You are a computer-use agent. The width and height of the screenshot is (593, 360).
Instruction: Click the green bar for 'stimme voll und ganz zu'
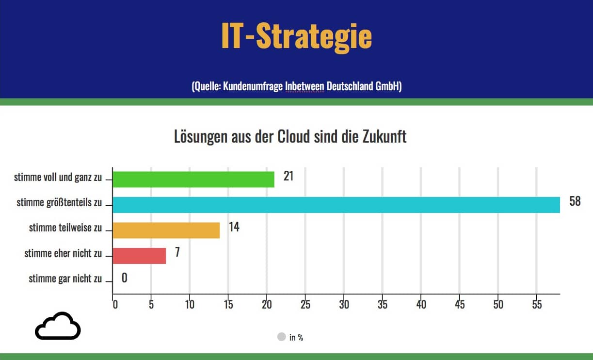(x=193, y=180)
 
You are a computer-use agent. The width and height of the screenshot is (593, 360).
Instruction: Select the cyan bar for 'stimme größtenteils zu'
(x=336, y=205)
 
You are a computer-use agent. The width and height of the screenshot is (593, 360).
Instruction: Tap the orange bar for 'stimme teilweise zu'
(x=166, y=230)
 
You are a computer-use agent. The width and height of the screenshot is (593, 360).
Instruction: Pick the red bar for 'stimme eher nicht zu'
(x=139, y=255)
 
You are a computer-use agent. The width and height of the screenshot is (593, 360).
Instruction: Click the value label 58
(x=575, y=201)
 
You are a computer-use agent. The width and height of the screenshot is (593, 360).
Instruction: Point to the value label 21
(x=288, y=176)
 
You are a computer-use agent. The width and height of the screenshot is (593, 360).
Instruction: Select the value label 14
(x=234, y=227)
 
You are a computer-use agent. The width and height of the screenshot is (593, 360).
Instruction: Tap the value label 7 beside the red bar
(x=177, y=252)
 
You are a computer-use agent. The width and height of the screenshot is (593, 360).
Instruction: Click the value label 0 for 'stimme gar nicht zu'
(x=125, y=278)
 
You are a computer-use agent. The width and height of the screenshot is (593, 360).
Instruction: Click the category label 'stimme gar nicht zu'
(x=65, y=278)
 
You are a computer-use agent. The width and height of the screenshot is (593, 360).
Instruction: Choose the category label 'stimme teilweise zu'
(x=65, y=228)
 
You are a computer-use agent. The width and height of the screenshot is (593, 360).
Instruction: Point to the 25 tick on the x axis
(x=305, y=305)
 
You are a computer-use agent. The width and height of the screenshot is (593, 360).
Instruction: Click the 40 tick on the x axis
(x=421, y=305)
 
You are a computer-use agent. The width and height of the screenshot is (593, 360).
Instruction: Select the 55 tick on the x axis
(x=536, y=305)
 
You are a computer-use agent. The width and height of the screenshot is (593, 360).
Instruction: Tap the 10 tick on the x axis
(x=190, y=305)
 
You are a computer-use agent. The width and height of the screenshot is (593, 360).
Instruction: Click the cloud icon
(x=58, y=326)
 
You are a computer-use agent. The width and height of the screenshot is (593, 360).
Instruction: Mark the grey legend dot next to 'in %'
(x=281, y=337)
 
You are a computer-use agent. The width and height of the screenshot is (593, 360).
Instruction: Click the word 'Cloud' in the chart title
(x=293, y=137)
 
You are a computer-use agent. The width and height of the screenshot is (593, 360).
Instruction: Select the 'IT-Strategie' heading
(x=296, y=36)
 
